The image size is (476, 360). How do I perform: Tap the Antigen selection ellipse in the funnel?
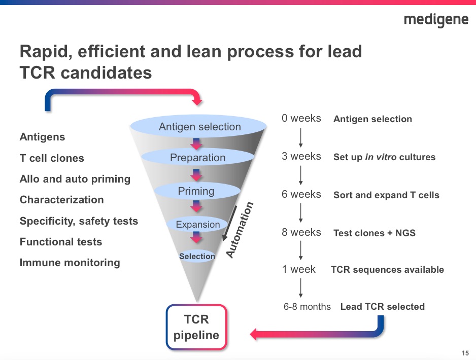(199, 127)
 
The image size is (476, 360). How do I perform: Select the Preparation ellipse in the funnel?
(197, 158)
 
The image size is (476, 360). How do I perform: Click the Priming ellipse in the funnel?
(196, 191)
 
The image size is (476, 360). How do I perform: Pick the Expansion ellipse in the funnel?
(198, 224)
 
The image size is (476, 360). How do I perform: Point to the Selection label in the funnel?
(197, 257)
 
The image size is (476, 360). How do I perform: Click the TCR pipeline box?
(196, 327)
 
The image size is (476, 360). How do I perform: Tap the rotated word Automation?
(239, 230)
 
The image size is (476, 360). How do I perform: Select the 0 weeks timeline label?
(301, 118)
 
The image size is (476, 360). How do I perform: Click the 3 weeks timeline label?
(301, 156)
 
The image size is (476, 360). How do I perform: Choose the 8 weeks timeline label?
(301, 232)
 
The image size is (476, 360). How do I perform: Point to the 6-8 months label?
(307, 307)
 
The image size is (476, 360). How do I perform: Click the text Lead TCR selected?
(382, 306)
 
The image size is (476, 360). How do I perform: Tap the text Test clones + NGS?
(374, 233)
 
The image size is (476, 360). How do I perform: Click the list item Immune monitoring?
(70, 263)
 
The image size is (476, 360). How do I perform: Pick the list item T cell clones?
(52, 158)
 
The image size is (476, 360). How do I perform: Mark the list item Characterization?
(61, 200)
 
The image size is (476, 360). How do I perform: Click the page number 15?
(465, 353)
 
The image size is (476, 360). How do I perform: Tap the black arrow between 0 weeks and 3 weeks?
(301, 137)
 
